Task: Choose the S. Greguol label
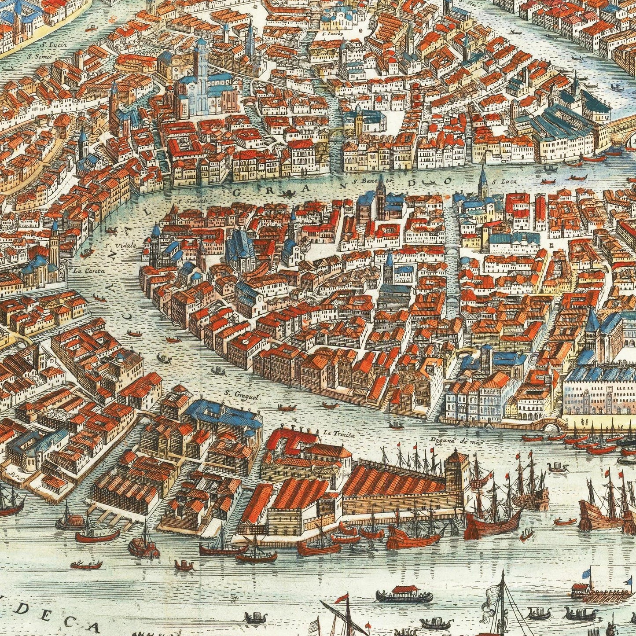(x=236, y=394)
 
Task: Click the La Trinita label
(x=332, y=433)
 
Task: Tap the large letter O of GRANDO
(x=448, y=180)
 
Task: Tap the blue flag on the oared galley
(x=587, y=572)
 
